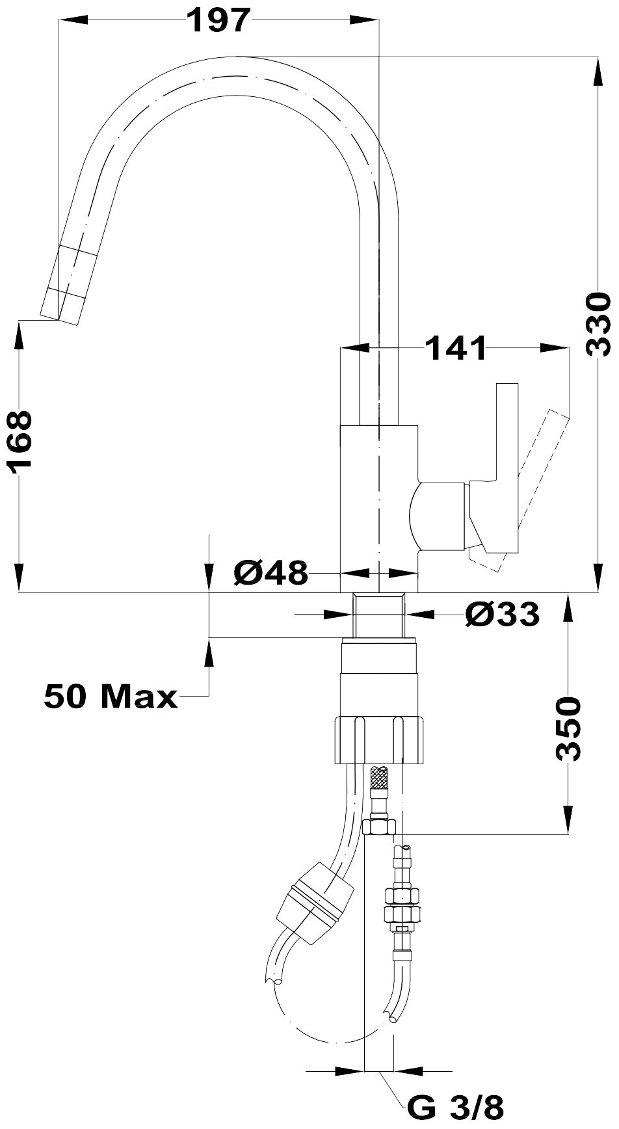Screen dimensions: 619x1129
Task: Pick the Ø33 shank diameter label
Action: [x=502, y=613]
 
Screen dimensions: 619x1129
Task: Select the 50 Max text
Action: [x=111, y=697]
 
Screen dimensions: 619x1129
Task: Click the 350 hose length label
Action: [x=568, y=728]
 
